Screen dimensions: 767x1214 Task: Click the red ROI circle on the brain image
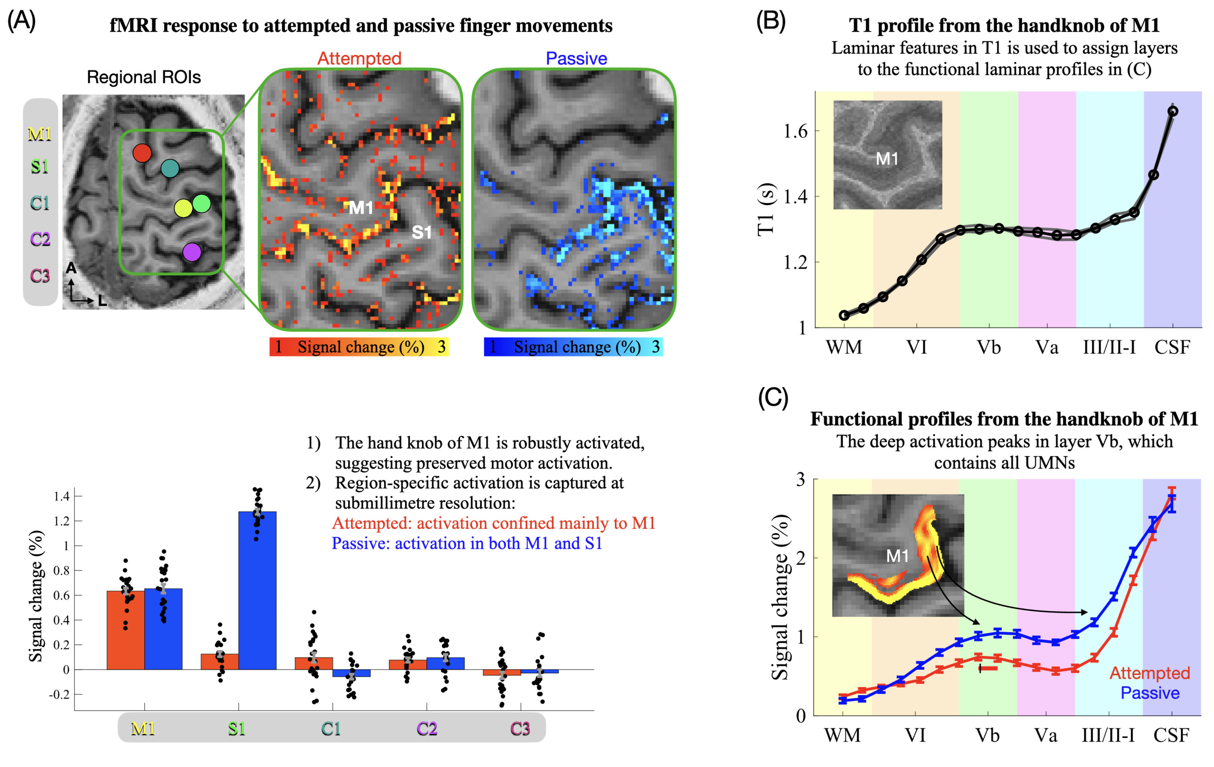[142, 153]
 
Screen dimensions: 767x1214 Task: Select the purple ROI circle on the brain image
[192, 252]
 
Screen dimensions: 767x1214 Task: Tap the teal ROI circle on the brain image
[170, 169]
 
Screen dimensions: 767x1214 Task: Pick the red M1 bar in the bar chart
[126, 630]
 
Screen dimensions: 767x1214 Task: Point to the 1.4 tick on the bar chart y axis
[62, 496]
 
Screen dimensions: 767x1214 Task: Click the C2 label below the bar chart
[426, 729]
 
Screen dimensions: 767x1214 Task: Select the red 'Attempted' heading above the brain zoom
[359, 58]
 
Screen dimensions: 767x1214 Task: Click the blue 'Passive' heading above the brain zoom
[576, 58]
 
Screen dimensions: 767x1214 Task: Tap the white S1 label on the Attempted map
[422, 233]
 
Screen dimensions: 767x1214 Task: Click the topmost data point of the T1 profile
[1173, 111]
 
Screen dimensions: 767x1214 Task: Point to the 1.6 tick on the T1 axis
[795, 132]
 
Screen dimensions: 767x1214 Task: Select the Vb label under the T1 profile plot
[989, 347]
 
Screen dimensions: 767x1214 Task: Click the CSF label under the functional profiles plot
[1171, 735]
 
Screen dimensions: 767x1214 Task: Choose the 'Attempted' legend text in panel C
[1149, 673]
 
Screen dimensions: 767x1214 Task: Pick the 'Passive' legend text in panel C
[1149, 693]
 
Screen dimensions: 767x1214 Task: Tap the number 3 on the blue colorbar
[656, 347]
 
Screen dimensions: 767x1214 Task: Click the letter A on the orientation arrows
[71, 268]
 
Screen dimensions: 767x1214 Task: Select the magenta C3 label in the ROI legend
[40, 276]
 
